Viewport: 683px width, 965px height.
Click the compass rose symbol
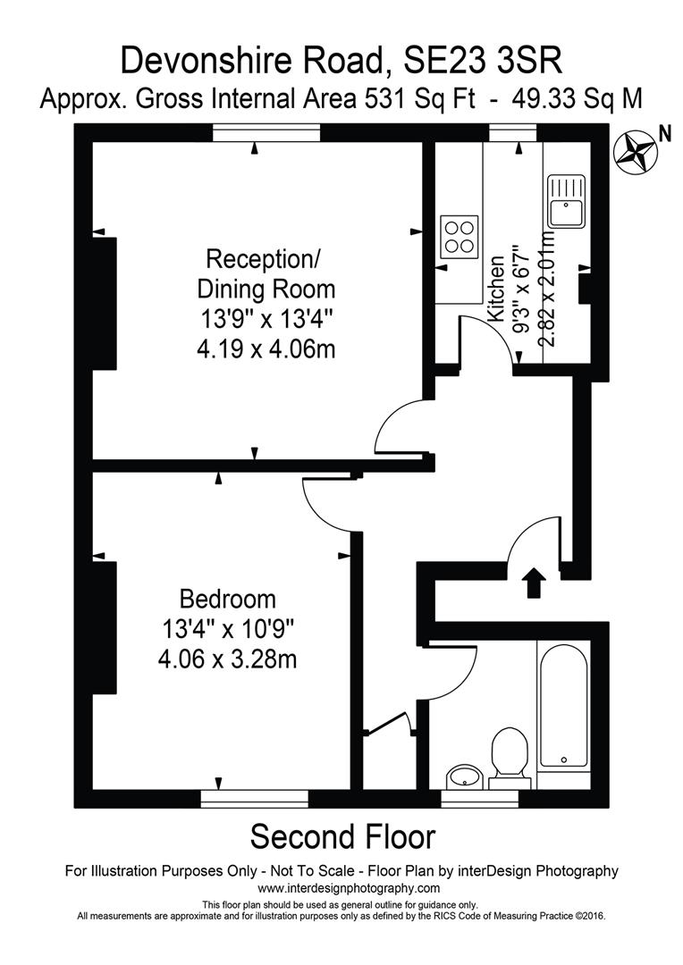click(x=636, y=149)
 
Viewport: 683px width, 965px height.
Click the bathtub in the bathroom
click(x=563, y=705)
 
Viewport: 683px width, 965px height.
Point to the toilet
click(x=509, y=750)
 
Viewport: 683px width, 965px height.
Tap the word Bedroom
click(x=228, y=598)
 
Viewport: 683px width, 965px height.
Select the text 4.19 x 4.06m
click(x=266, y=348)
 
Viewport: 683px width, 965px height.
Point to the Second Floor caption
click(x=342, y=837)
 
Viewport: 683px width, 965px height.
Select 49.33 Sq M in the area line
click(x=577, y=98)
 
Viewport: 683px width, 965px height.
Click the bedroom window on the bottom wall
click(x=255, y=798)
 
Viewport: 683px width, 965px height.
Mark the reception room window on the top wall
click(x=266, y=132)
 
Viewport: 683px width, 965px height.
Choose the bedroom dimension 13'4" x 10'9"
click(x=228, y=629)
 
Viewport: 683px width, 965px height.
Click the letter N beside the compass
click(x=664, y=133)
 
